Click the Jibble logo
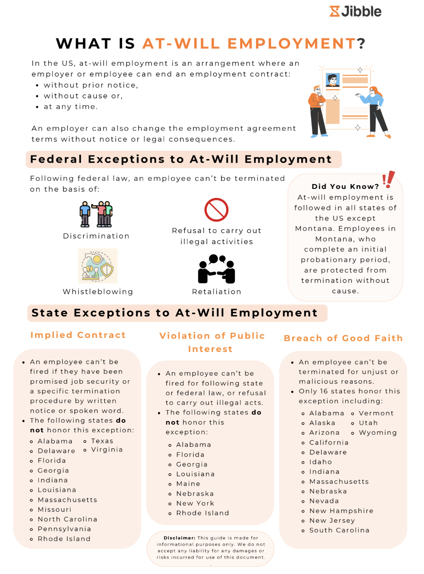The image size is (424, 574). (355, 11)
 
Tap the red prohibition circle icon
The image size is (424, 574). (216, 210)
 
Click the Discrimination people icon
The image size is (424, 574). (96, 214)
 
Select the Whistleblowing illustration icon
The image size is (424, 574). (98, 266)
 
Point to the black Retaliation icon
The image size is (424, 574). (216, 269)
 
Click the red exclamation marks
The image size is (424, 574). (389, 179)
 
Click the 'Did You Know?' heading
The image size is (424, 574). (345, 186)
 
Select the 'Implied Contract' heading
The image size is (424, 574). (78, 335)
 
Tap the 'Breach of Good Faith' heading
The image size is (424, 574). (343, 338)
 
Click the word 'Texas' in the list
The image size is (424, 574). (102, 441)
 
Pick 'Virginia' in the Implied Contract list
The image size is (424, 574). (107, 450)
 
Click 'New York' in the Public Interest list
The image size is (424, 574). (195, 503)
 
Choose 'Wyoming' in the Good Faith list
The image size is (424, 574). (378, 433)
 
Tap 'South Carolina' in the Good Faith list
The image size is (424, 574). (339, 530)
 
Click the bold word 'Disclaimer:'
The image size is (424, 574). (179, 538)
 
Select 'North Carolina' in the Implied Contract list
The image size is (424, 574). (67, 520)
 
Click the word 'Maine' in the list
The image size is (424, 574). (188, 484)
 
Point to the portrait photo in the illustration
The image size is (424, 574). (333, 80)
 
